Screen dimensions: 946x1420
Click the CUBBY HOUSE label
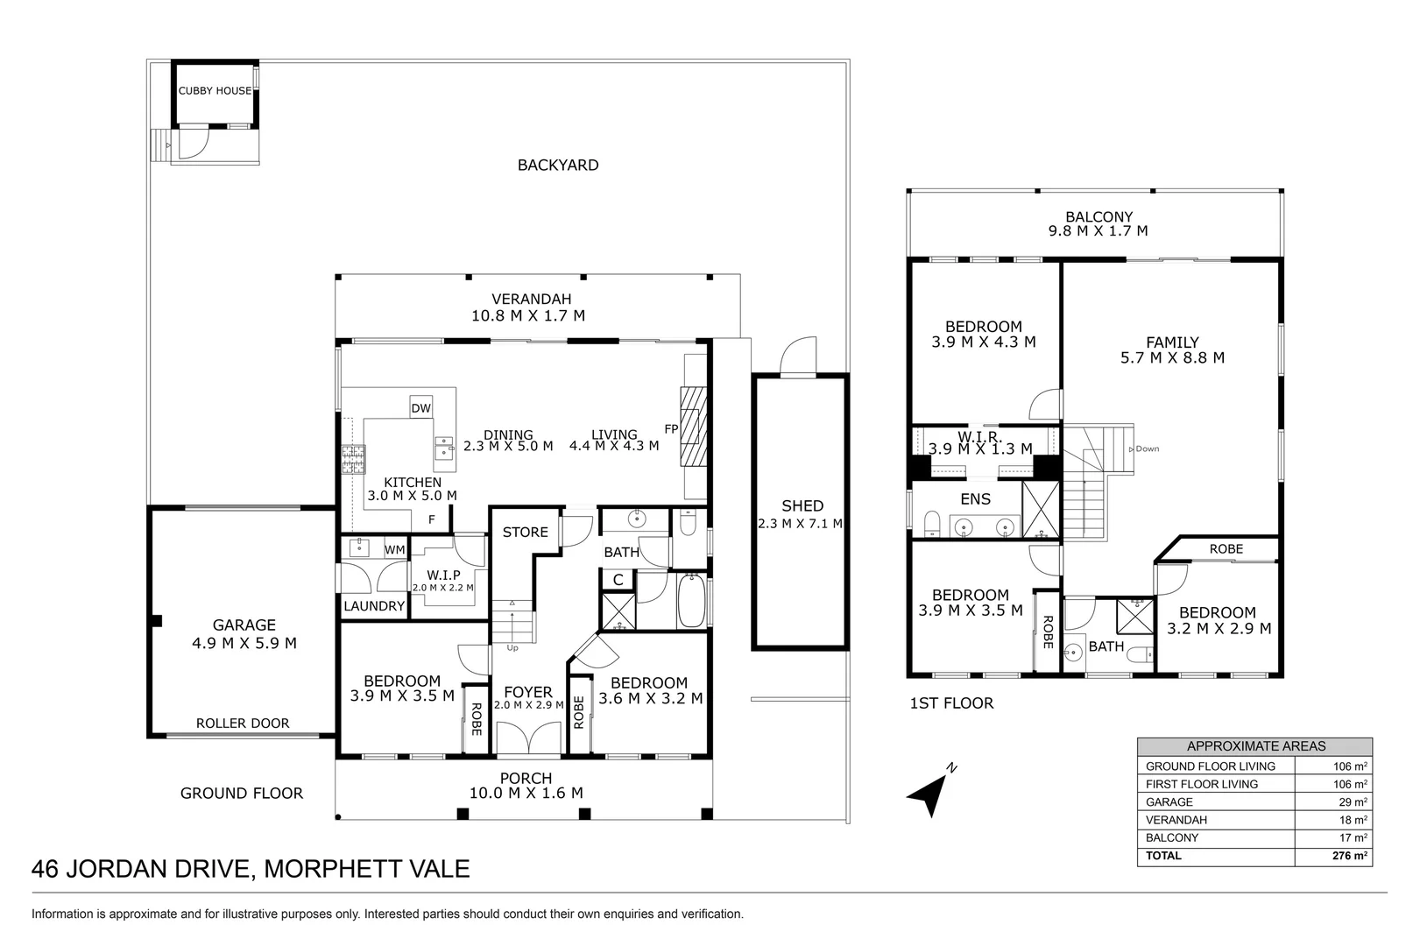coord(215,91)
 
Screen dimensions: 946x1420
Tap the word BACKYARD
coord(557,166)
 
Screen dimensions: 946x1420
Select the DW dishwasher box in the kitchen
coord(420,408)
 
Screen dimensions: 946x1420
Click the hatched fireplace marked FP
coord(693,429)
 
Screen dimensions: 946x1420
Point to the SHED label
coord(802,506)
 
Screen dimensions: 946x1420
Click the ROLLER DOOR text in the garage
coord(242,724)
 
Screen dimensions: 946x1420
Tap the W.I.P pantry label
coord(443,575)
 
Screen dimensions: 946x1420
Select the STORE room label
coord(525,532)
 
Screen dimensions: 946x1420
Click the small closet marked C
coord(618,580)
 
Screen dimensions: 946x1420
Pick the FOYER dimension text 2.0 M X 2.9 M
coord(528,705)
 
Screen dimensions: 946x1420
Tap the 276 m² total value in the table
coord(1350,856)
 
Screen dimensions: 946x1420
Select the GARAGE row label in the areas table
coord(1169,802)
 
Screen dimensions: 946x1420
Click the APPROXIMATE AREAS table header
coord(1254,747)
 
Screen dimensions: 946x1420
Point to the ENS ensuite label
coord(975,499)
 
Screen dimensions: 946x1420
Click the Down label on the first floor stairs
coord(1146,449)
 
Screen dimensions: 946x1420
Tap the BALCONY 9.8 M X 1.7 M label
coord(1098,224)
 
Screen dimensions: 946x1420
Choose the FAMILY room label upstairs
coord(1172,350)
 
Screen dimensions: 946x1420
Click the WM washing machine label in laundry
coord(394,550)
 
